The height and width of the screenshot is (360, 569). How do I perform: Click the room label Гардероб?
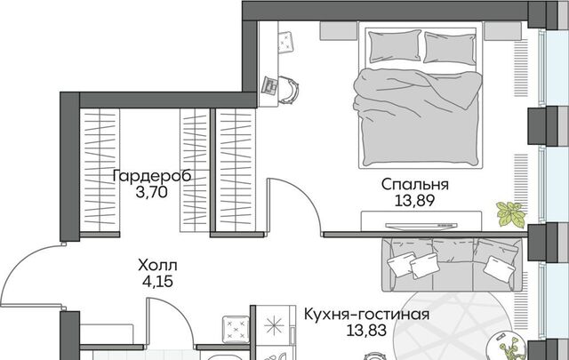click(152, 176)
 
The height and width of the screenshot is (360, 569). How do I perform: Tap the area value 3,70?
click(152, 192)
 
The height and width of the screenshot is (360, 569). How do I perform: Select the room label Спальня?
click(415, 184)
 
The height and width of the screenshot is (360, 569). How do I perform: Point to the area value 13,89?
click(414, 200)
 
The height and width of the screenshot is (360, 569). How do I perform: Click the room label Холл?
click(157, 266)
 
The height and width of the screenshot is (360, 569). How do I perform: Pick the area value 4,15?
click(157, 282)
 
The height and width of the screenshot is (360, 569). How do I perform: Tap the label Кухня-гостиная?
click(366, 315)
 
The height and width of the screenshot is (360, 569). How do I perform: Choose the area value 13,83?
click(365, 331)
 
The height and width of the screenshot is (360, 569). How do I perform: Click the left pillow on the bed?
click(395, 46)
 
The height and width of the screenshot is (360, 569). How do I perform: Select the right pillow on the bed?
click(450, 48)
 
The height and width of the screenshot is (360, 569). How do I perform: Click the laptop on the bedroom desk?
click(269, 85)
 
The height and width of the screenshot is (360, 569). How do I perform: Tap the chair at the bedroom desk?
click(288, 90)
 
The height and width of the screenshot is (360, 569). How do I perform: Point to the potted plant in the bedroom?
click(511, 214)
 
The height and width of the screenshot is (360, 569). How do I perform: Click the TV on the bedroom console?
click(421, 227)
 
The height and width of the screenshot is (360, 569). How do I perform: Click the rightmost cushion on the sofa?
click(499, 267)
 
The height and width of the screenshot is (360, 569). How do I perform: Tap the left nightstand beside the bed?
click(339, 30)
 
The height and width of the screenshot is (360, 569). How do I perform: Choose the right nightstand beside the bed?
click(503, 30)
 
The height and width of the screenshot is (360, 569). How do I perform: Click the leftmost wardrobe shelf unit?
click(100, 170)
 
